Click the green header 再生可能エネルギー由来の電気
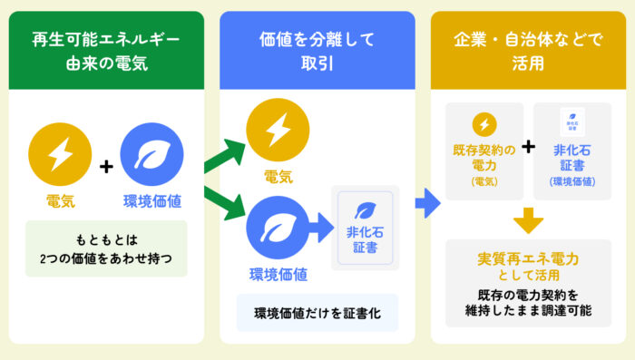point(106,50)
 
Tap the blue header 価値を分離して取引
point(317,50)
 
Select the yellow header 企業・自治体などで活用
point(528,50)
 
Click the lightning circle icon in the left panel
point(60,154)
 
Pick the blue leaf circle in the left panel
point(151,154)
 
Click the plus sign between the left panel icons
point(106,167)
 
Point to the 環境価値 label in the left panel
point(152,201)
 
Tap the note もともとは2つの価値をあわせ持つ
point(106,248)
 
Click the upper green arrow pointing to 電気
point(225,155)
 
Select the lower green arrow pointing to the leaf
point(225,203)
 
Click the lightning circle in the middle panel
point(278,130)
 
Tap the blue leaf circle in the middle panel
point(278,228)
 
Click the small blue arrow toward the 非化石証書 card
point(321,228)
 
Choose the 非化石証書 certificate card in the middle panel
point(366,228)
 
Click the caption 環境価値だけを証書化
point(317,313)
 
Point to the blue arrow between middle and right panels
point(427,203)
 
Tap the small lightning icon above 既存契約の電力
point(484,124)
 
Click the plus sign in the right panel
point(528,147)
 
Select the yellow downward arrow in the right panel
point(528,220)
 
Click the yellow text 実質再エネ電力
point(528,258)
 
